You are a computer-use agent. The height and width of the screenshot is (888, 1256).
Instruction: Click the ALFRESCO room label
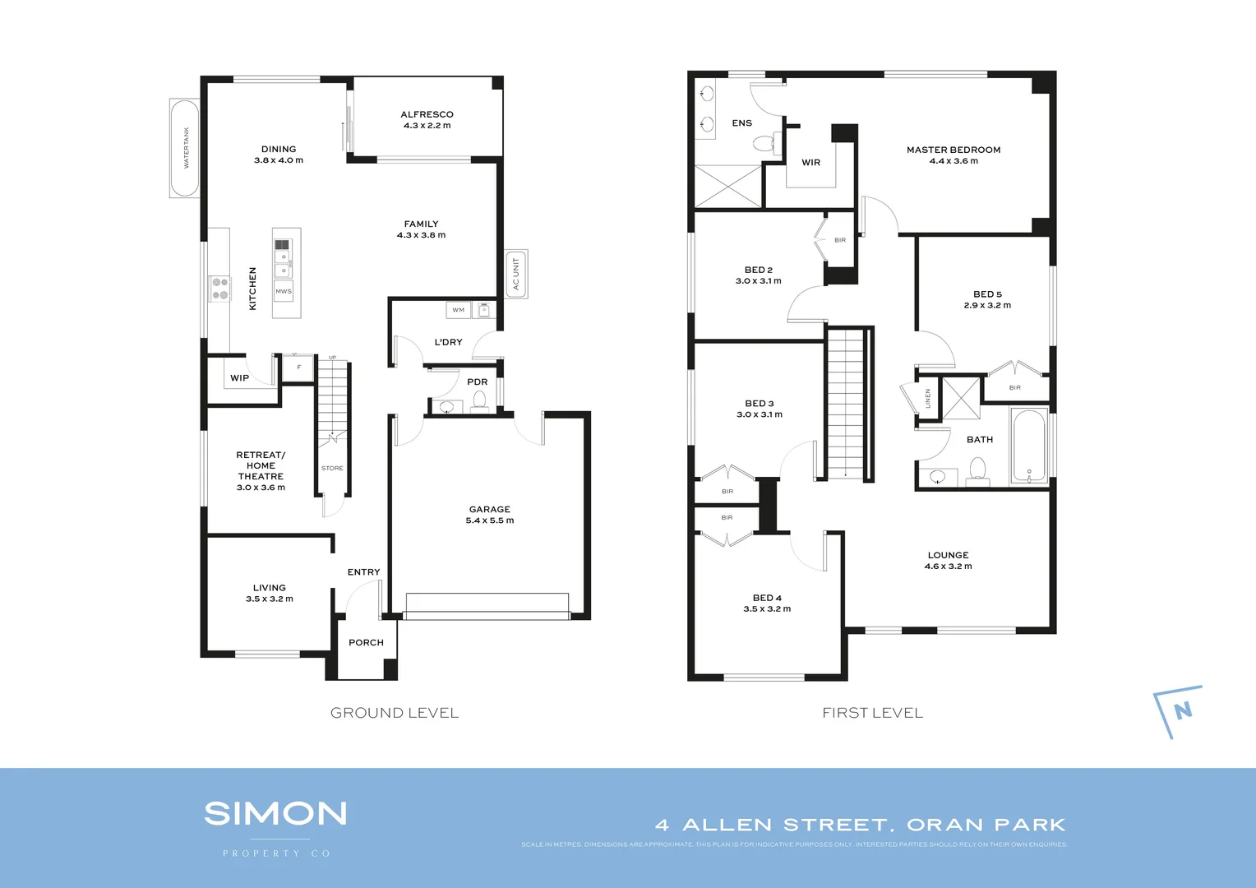click(427, 114)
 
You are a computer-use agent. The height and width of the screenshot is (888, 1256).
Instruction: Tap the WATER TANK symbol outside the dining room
click(185, 148)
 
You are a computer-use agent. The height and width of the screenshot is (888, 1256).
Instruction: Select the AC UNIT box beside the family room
click(516, 274)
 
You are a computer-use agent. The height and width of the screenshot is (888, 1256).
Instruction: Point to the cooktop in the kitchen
click(219, 289)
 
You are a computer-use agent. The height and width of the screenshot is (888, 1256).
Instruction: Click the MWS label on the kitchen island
click(284, 291)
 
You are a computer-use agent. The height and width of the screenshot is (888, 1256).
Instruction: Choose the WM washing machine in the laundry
click(459, 310)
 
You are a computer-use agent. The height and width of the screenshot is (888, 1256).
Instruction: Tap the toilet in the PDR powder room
click(479, 401)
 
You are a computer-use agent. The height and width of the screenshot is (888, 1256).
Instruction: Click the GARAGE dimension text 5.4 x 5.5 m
click(490, 520)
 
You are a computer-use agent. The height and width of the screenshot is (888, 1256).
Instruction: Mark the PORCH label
click(366, 642)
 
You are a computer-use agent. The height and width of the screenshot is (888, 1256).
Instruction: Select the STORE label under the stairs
click(332, 468)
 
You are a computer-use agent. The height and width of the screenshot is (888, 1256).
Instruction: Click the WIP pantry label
click(239, 378)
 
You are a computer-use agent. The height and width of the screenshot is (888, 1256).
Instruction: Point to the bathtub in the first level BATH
click(1028, 446)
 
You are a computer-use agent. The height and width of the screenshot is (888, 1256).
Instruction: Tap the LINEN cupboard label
click(928, 398)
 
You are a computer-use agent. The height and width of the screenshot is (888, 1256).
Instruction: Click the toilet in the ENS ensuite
click(763, 145)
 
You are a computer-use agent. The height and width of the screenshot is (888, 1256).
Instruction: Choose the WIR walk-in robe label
click(811, 162)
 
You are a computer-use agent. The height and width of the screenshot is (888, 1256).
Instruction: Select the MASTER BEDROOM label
click(954, 150)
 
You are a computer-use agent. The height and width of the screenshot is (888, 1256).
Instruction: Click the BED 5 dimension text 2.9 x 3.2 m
click(987, 305)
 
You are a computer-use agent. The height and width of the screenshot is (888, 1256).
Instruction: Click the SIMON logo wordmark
click(275, 814)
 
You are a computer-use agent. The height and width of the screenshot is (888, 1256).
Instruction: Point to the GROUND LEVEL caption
click(395, 713)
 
